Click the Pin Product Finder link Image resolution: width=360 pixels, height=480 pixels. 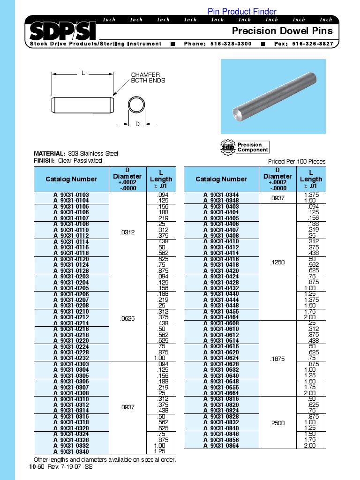[242, 11]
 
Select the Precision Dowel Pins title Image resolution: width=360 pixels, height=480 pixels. [283, 31]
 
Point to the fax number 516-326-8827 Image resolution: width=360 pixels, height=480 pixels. [313, 44]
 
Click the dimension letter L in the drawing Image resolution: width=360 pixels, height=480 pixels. [83, 73]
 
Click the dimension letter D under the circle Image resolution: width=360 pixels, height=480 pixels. [137, 124]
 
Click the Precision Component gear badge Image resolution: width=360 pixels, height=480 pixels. [245, 147]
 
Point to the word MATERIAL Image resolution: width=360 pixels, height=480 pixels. [50, 153]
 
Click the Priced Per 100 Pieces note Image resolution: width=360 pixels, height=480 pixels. [297, 161]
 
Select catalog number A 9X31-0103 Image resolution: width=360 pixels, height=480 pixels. [71, 195]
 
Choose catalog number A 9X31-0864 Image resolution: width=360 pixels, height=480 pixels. [221, 445]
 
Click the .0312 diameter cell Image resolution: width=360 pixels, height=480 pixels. [127, 232]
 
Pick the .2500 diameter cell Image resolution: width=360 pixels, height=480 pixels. [277, 423]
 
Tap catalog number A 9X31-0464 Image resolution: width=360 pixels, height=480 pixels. [221, 317]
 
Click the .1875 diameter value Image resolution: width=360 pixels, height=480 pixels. [277, 359]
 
